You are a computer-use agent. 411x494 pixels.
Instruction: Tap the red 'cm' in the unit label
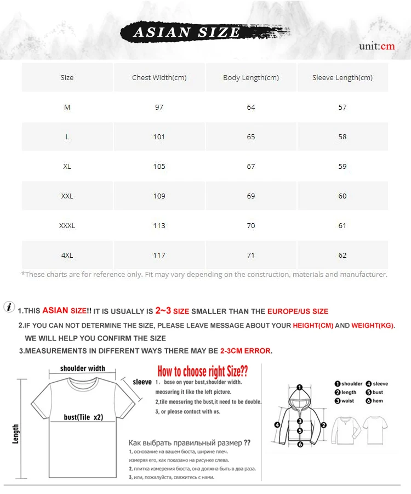click(387, 46)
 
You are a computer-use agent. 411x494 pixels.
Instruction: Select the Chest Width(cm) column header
click(159, 77)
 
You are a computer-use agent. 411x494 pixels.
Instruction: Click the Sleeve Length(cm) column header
click(342, 77)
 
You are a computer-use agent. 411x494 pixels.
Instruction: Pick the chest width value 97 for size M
click(159, 107)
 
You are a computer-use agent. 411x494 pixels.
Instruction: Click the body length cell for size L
click(250, 137)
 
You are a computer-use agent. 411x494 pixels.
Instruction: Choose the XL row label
click(67, 166)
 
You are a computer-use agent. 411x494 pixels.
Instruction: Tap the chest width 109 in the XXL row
click(159, 196)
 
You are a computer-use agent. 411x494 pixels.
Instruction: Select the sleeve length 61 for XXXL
click(342, 225)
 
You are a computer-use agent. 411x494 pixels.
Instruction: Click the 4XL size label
click(67, 255)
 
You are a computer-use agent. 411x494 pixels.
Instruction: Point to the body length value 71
click(250, 255)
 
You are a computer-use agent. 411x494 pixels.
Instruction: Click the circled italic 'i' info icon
click(9, 306)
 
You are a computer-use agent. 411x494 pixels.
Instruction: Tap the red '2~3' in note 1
click(163, 311)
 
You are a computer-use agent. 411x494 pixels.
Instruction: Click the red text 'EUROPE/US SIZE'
click(298, 311)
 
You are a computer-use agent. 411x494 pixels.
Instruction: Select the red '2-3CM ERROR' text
click(246, 351)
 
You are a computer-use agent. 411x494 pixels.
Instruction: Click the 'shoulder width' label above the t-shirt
click(83, 368)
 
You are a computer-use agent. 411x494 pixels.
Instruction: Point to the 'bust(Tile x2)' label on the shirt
click(83, 417)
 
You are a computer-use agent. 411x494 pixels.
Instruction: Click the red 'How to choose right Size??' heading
click(203, 371)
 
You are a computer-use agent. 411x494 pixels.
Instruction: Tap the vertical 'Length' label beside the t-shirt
click(15, 434)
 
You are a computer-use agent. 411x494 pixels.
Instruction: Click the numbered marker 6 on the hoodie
click(300, 444)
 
